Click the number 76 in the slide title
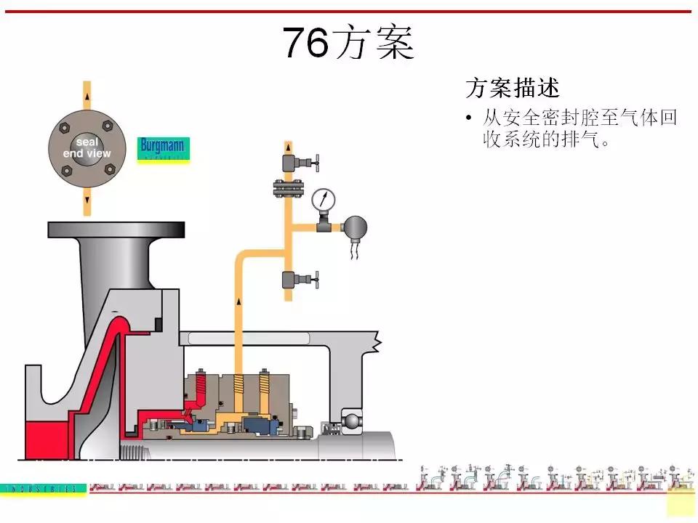[x=305, y=43]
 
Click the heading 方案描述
[x=512, y=88]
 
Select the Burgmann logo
[x=163, y=148]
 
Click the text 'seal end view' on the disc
[x=87, y=148]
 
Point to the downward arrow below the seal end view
[x=87, y=198]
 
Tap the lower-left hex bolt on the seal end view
[x=65, y=171]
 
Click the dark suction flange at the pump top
[x=116, y=230]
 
